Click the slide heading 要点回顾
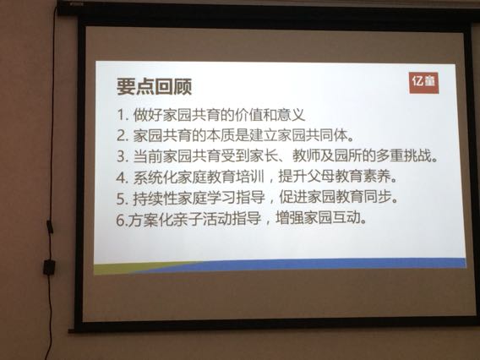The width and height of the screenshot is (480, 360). [155, 86]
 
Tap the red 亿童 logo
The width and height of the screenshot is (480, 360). [423, 83]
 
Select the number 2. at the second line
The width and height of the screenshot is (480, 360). [122, 136]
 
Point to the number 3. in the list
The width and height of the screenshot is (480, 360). [122, 156]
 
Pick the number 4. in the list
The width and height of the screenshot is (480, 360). [122, 177]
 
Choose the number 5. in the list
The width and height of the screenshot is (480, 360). [122, 199]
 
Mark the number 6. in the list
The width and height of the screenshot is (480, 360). [121, 220]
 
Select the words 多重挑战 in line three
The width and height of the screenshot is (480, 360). [404, 155]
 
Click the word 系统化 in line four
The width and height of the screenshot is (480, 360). [155, 177]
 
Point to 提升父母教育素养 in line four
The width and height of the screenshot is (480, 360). [335, 177]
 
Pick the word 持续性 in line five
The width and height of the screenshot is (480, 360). [155, 199]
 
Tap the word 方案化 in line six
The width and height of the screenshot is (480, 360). [149, 220]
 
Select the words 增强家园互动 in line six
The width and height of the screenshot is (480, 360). [318, 218]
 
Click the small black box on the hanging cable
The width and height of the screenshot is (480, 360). [49, 267]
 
